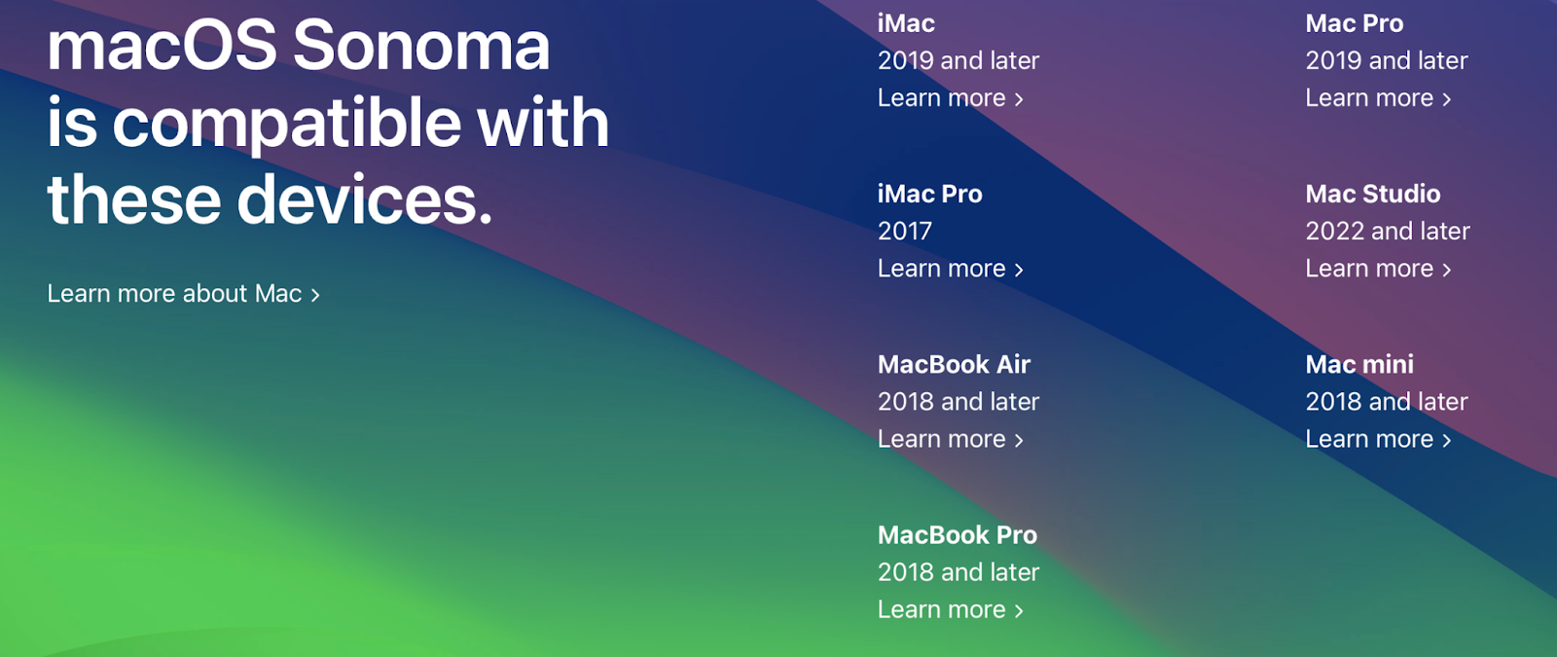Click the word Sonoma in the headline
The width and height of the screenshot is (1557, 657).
tap(421, 46)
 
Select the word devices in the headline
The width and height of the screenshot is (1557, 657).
tap(364, 200)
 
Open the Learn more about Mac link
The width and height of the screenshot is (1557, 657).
tap(184, 293)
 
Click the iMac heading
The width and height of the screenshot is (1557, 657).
tap(906, 23)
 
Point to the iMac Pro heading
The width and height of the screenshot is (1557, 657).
tap(930, 194)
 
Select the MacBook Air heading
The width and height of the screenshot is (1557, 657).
tap(954, 364)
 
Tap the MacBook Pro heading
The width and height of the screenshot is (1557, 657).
tap(958, 534)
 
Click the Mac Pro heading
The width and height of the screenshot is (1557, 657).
tap(1354, 23)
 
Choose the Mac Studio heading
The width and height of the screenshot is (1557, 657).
tap(1373, 194)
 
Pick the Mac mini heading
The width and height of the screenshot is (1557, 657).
tap(1359, 364)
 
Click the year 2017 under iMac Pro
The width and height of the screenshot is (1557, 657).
tap(904, 231)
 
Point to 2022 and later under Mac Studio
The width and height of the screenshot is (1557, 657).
tap(1388, 231)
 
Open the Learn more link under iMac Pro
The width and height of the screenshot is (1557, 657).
tap(950, 269)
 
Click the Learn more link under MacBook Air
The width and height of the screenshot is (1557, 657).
tap(950, 439)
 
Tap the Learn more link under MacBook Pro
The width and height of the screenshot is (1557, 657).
tap(950, 609)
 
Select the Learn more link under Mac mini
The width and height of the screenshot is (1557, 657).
tap(1378, 439)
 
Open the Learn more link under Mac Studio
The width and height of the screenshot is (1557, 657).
tap(1378, 269)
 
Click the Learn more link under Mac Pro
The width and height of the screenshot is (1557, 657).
tap(1378, 98)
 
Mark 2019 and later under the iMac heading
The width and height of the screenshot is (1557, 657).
tap(959, 60)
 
